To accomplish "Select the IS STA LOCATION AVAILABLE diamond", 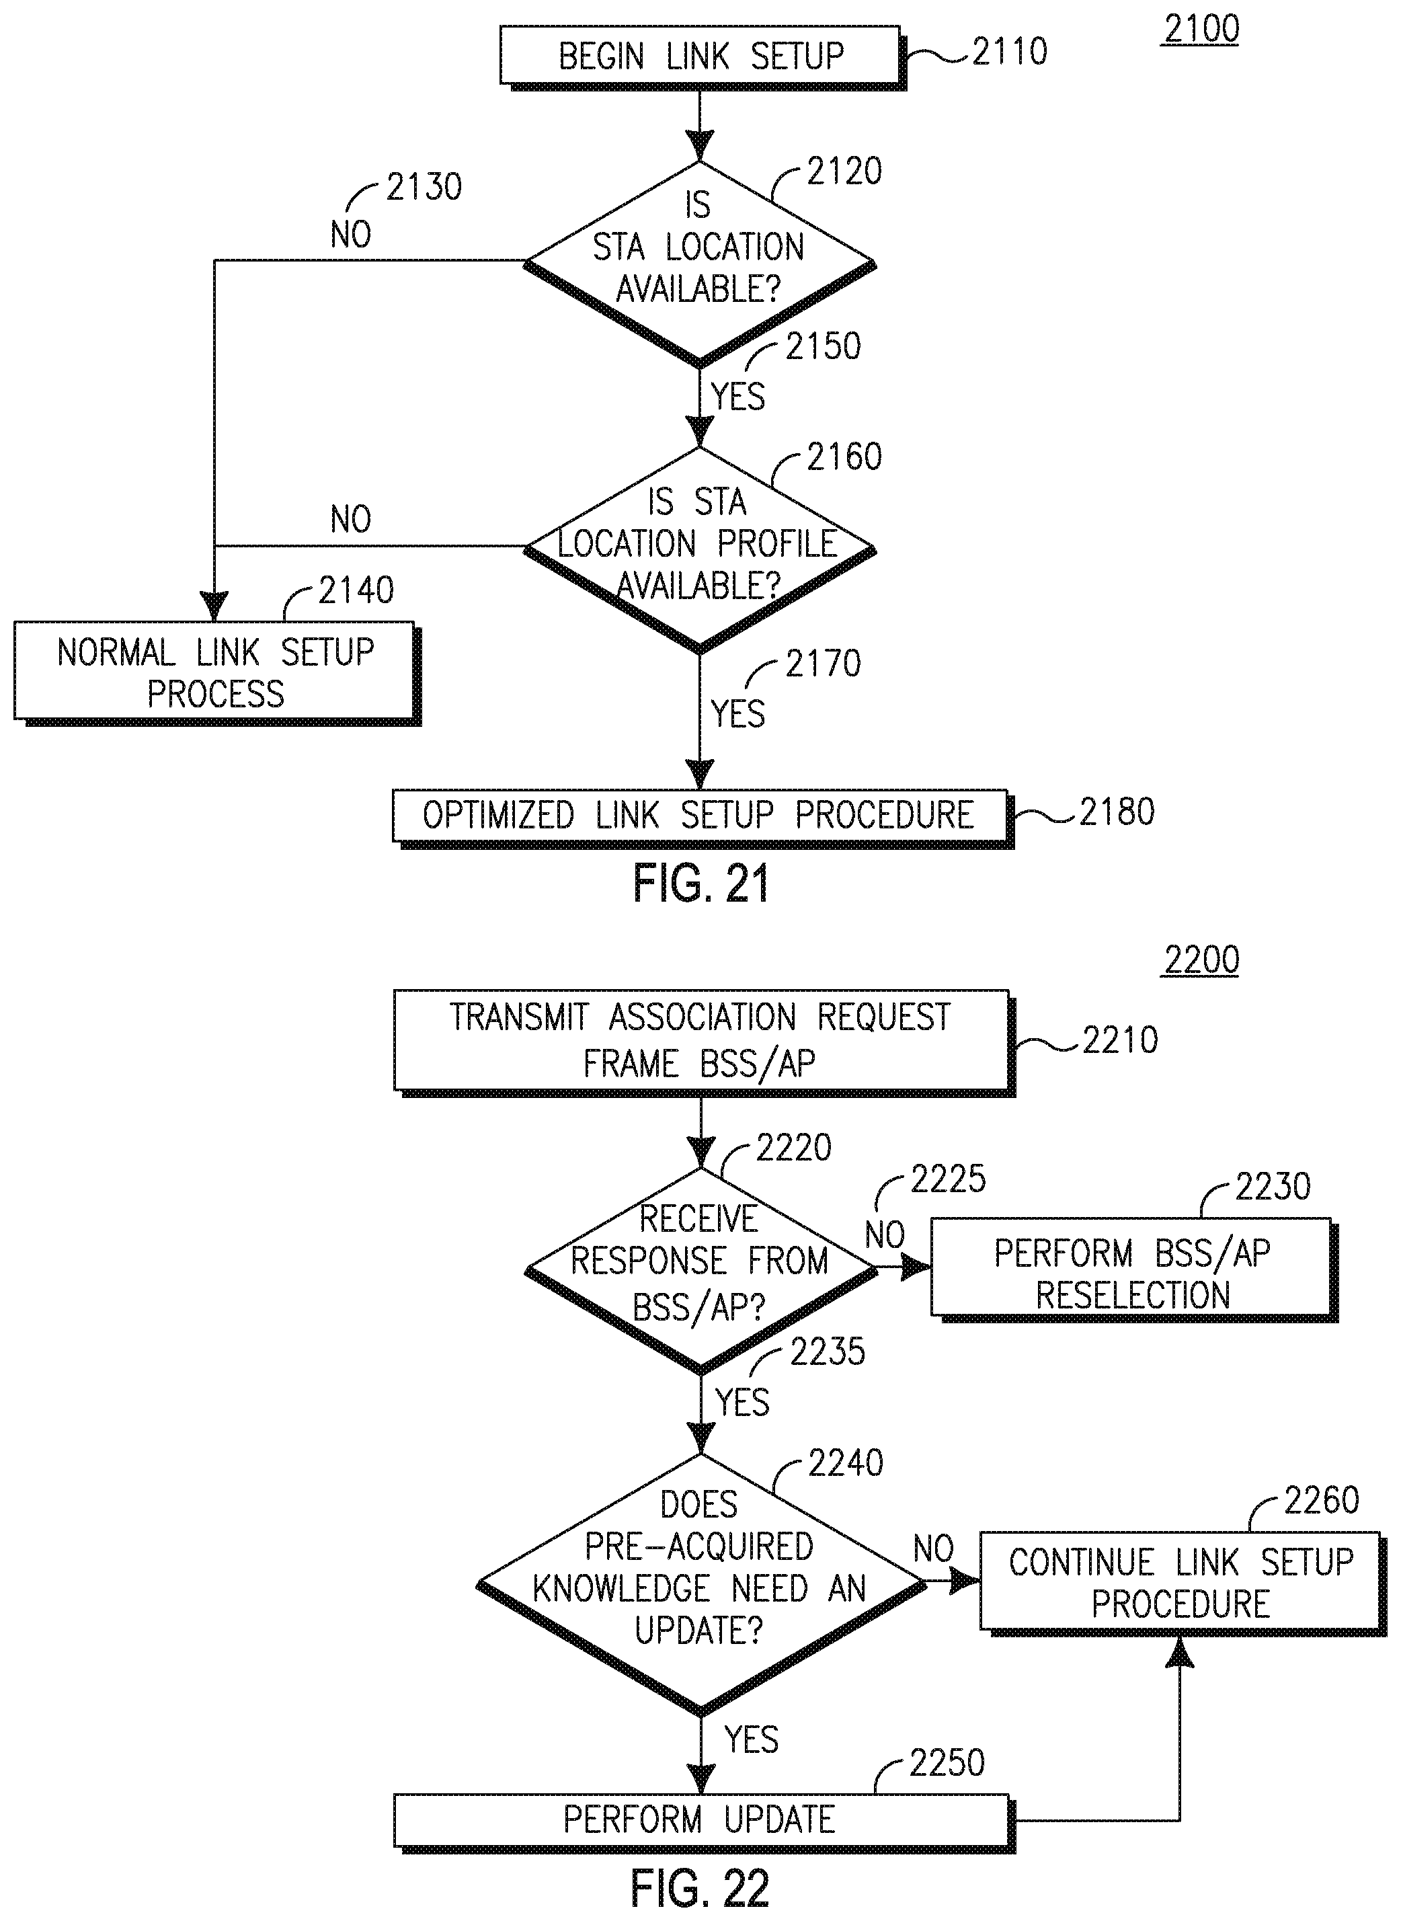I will pos(698,263).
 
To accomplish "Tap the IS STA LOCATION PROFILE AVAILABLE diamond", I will pos(698,548).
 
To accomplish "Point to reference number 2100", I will pos(1201,30).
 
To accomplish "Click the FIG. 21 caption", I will pos(700,884).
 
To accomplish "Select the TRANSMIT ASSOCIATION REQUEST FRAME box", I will pos(700,1040).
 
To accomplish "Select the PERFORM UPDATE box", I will pos(700,1820).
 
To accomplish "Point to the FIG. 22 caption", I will pos(700,1888).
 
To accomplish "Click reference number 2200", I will pos(1201,961).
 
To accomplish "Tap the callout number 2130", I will pos(423,188).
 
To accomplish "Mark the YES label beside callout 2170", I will pos(737,713).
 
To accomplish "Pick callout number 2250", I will pos(947,1763).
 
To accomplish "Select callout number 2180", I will pos(1116,812).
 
